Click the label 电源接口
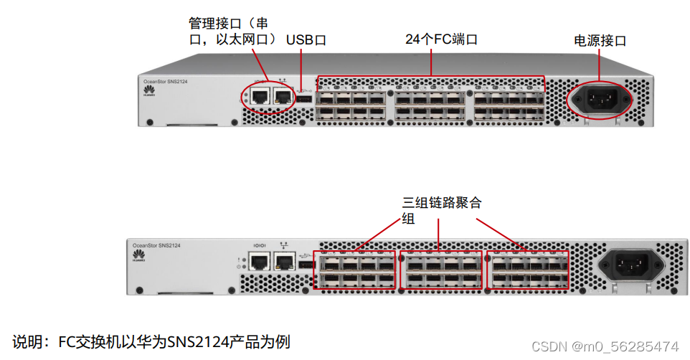pos(600,41)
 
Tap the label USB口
pos(306,40)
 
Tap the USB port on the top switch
pos(303,98)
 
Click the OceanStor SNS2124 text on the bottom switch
pos(156,245)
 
